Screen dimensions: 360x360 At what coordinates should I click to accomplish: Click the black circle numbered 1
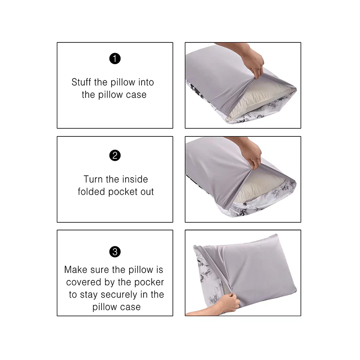[x=115, y=59]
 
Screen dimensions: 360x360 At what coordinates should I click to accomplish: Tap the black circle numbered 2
[x=115, y=155]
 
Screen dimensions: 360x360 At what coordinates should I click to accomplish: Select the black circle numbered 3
[x=115, y=252]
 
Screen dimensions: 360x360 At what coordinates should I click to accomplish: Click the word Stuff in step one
[x=82, y=82]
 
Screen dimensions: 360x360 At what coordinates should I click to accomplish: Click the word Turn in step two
[x=93, y=179]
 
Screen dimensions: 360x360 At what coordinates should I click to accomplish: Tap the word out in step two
[x=147, y=192]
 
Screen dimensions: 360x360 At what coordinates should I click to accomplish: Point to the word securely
[x=120, y=295]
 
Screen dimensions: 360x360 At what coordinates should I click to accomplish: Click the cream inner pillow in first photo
[x=256, y=98]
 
